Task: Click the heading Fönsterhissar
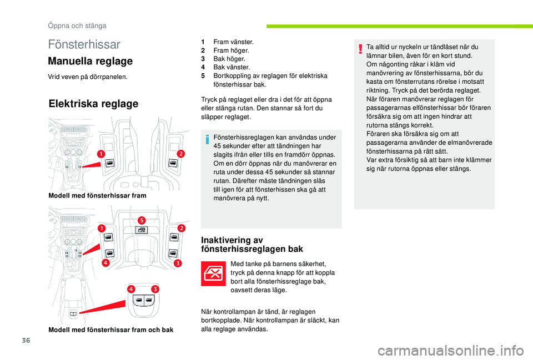[x=84, y=44]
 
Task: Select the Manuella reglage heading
[x=90, y=61]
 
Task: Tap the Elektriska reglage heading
[x=93, y=104]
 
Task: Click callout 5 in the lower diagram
[x=141, y=220]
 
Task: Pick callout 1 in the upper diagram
[x=102, y=153]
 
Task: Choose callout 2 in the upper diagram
[x=181, y=153]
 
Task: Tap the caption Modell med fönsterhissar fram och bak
[x=110, y=330]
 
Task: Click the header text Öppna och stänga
[x=77, y=26]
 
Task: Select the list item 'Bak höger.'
[x=229, y=59]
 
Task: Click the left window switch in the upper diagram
[x=110, y=163]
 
